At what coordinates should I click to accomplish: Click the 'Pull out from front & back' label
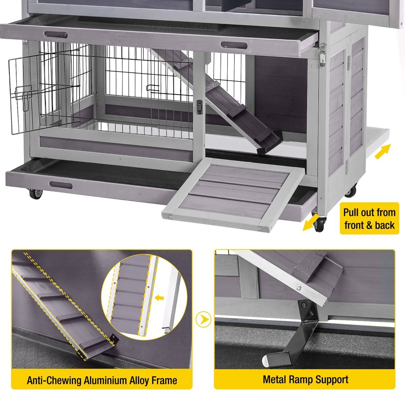pyautogui.click(x=369, y=219)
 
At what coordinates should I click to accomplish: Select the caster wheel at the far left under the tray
pyautogui.click(x=35, y=194)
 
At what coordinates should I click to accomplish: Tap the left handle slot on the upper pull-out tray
pyautogui.click(x=56, y=35)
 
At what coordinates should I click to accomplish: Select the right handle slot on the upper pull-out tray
pyautogui.click(x=234, y=45)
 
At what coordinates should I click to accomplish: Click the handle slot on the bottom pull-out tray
pyautogui.click(x=60, y=185)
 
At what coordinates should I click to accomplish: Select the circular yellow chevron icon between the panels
pyautogui.click(x=203, y=319)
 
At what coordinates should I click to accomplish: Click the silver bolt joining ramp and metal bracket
pyautogui.click(x=298, y=288)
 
